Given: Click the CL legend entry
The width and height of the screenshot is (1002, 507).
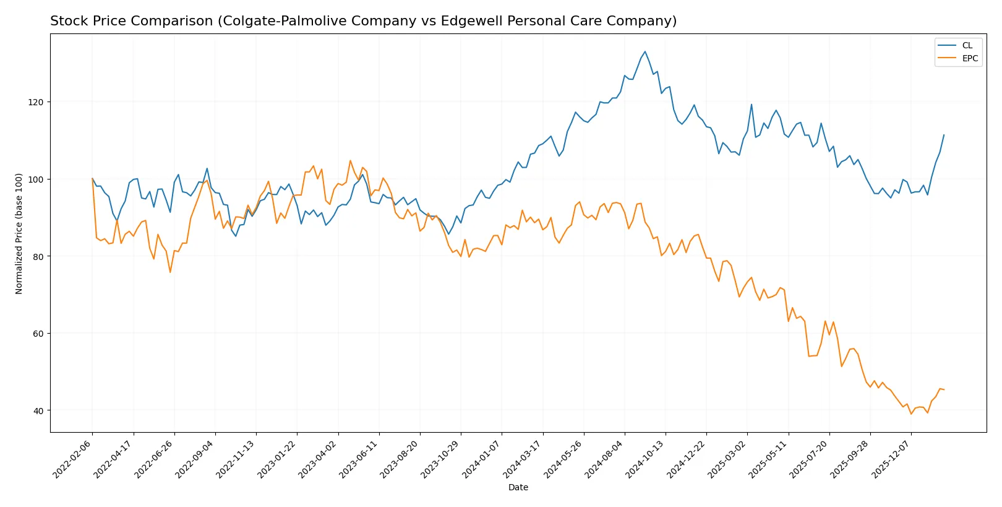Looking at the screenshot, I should click(x=967, y=45).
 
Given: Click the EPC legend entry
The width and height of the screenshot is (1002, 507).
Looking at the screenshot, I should click(x=969, y=58).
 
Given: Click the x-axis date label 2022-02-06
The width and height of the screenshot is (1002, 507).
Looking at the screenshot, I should click(x=73, y=459).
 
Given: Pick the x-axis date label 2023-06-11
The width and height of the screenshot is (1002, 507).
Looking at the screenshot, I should click(x=359, y=459).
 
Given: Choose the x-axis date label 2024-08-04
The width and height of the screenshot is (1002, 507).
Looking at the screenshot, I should click(x=605, y=459).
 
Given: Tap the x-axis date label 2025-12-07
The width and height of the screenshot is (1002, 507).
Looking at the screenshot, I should click(x=891, y=459).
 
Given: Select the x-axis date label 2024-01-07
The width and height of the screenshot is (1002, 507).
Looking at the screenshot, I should click(x=482, y=459).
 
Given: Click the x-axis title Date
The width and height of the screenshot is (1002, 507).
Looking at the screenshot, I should click(x=518, y=487).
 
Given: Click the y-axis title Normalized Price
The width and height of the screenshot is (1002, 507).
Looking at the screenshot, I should click(x=19, y=233).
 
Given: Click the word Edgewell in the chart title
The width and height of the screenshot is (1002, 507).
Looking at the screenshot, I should click(x=467, y=21).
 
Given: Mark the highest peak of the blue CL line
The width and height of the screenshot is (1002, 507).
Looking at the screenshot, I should click(x=645, y=51).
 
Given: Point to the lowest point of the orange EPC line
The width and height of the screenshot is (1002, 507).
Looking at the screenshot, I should click(x=911, y=414).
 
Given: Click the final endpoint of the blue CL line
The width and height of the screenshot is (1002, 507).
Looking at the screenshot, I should click(x=944, y=135).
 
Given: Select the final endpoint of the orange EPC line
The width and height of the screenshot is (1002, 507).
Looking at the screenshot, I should click(x=944, y=389).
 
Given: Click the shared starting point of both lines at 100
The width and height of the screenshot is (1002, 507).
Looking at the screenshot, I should click(x=93, y=179).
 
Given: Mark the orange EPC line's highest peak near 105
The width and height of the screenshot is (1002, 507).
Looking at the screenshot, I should click(x=350, y=160).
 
